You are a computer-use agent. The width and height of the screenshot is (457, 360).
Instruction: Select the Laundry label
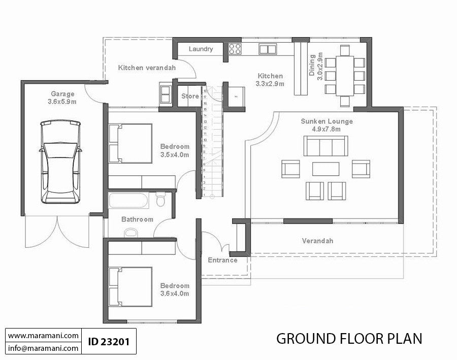pos(201,49)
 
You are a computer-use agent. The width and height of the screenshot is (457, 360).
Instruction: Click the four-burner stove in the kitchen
pos(234,49)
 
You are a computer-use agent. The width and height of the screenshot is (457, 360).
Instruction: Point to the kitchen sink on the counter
pos(266,49)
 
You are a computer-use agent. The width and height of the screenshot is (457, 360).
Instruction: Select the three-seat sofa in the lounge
pos(326,146)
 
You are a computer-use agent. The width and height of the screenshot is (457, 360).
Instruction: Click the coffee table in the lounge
pos(326,168)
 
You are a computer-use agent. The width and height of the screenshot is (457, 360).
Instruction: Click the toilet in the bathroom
pos(161,200)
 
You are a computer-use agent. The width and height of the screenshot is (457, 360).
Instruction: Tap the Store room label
pos(190,96)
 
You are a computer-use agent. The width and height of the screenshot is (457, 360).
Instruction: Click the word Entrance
pos(222,260)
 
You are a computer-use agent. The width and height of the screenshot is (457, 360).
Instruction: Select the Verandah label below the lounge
pos(317,241)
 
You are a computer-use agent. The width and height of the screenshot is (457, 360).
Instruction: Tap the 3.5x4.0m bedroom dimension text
pos(175,154)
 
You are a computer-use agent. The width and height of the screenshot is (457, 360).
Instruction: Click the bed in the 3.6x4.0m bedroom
pos(130,287)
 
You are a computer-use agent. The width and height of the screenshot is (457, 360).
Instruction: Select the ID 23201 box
pos(108,342)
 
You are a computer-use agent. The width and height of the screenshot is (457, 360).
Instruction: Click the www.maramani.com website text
pos(43,336)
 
